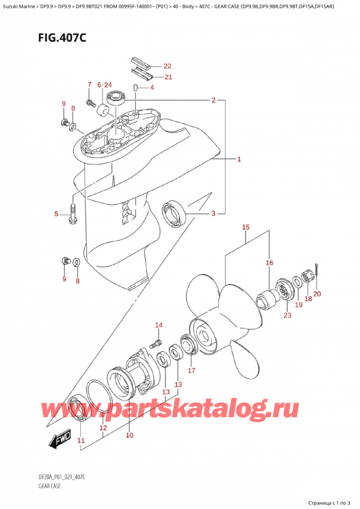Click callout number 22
[167, 66]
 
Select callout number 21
[167, 77]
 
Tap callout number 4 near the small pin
[152, 88]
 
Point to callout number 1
[239, 160]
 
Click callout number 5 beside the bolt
[56, 214]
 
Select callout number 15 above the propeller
[245, 227]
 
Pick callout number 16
[269, 263]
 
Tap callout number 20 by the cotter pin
[317, 294]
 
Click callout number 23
[287, 315]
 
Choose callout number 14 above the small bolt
[158, 326]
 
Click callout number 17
[191, 370]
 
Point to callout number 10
[129, 435]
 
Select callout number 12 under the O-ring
[103, 428]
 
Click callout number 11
[81, 441]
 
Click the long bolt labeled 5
[73, 215]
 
